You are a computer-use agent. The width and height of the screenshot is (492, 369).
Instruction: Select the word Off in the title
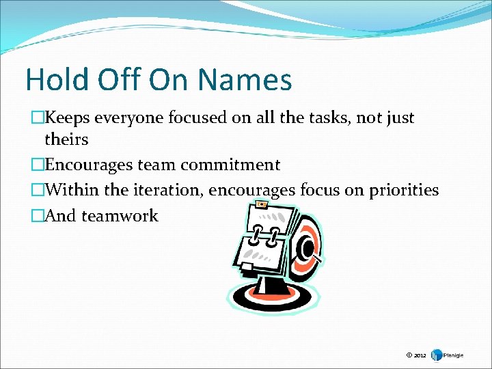click(120, 79)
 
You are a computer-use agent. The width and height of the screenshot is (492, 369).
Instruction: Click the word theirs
click(66, 139)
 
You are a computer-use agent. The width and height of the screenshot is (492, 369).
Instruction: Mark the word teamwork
click(120, 216)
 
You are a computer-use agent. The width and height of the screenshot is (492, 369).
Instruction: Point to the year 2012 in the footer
click(420, 355)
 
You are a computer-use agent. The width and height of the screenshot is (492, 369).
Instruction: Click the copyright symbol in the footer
click(409, 355)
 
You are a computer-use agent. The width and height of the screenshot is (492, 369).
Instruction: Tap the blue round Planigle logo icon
click(437, 355)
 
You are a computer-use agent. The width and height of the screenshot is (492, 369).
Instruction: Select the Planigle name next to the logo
click(454, 355)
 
